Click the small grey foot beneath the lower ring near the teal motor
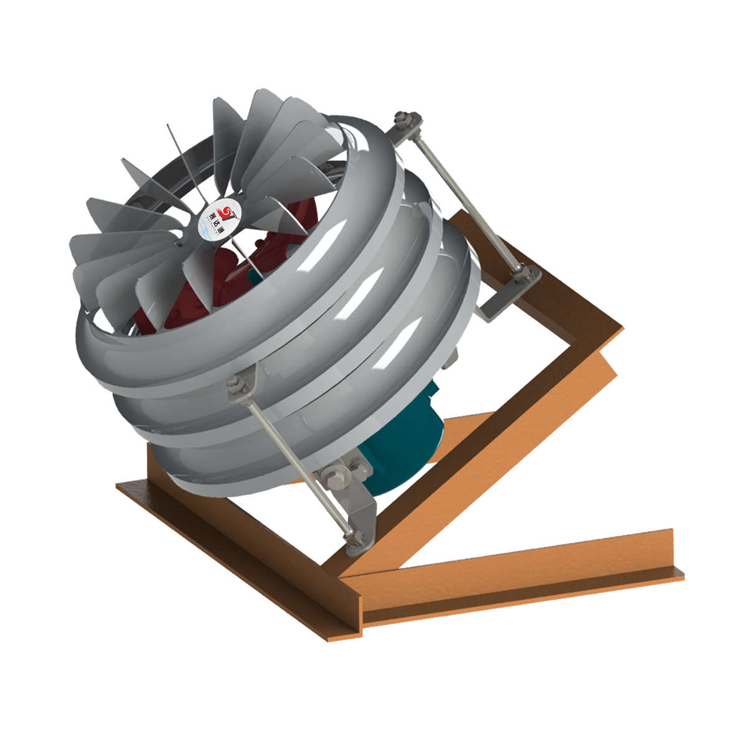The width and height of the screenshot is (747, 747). [x=452, y=357]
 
